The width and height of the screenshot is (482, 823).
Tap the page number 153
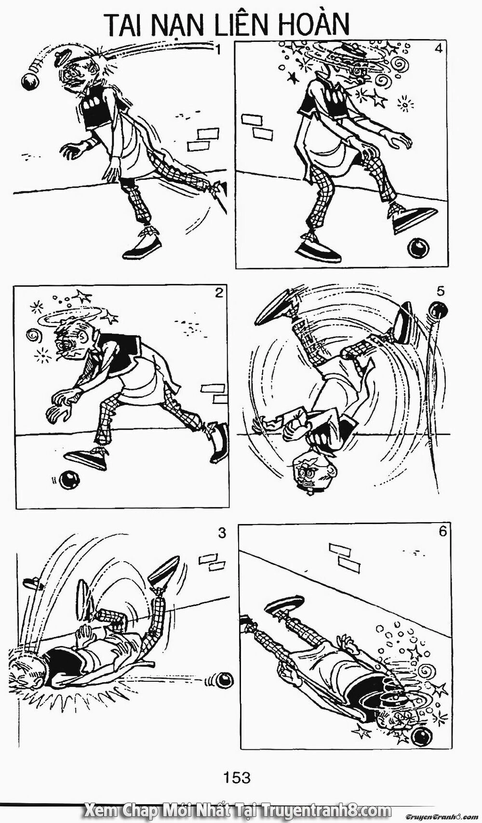pos(237,777)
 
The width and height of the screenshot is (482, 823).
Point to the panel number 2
pos(219,293)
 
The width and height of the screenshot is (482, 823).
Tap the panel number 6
pos(442,532)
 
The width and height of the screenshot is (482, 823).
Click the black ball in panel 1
pos(30,82)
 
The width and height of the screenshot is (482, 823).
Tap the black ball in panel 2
pos(69,479)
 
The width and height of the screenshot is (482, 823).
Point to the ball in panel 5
pos(439,310)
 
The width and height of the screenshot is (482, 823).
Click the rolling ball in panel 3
pos(224,680)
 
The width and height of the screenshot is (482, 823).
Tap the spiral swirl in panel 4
pos(399,63)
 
